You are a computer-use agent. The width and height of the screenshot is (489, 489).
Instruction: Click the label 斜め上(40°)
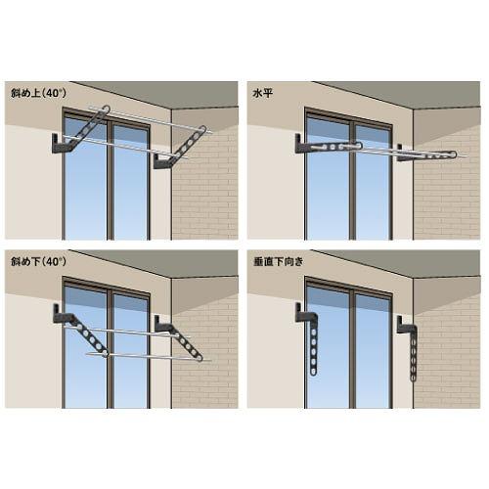(38, 93)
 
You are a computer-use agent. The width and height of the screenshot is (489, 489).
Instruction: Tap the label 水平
(262, 94)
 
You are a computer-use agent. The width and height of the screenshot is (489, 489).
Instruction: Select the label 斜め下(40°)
(38, 261)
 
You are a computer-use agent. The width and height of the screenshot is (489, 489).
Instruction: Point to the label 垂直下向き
(279, 261)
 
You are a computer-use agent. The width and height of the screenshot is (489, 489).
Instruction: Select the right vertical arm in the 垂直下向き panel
(414, 354)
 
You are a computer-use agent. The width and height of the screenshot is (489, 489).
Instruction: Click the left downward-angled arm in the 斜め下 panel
(88, 335)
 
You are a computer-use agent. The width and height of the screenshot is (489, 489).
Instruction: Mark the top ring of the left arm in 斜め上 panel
(106, 110)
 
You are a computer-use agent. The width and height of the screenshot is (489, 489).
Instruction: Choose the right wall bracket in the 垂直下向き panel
(403, 325)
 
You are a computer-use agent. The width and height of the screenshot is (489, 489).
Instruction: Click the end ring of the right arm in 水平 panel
(453, 155)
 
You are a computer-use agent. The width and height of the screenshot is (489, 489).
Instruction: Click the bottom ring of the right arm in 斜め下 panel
(199, 358)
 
